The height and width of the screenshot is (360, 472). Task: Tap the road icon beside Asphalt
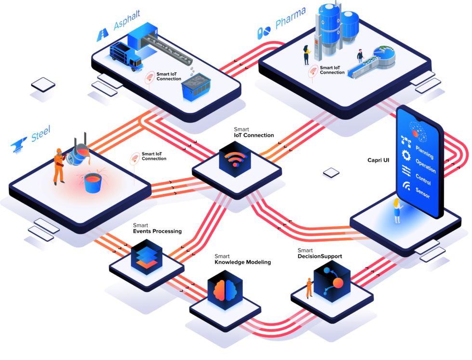click(103, 35)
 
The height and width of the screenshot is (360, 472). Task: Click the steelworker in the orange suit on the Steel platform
click(59, 166)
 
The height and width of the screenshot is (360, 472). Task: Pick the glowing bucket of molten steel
click(93, 183)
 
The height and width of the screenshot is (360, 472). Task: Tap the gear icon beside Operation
click(406, 155)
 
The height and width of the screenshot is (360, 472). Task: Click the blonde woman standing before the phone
click(397, 210)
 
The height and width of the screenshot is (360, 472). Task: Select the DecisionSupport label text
click(320, 256)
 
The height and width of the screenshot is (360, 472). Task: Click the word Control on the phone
click(423, 179)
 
